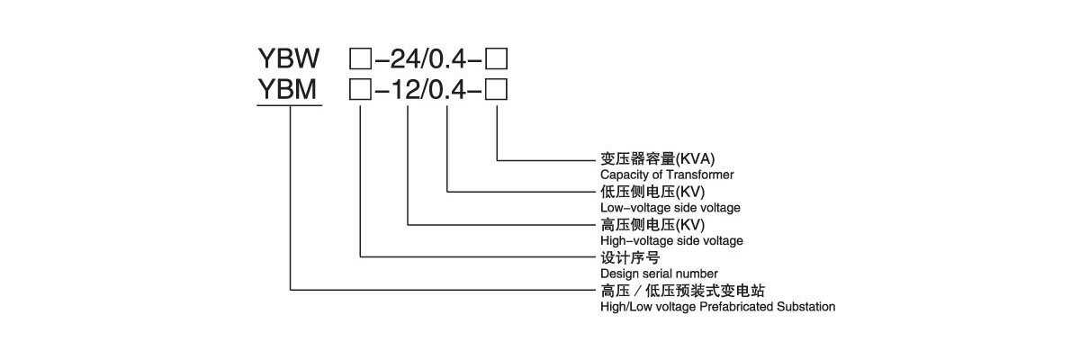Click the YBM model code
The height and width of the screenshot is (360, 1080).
[289, 89]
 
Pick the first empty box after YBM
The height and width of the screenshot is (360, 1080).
[359, 89]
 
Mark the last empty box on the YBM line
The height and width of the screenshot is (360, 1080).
[497, 89]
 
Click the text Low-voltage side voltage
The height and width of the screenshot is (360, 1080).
[670, 207]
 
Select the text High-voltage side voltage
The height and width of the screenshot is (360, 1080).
[671, 240]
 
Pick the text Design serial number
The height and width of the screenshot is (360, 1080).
[659, 273]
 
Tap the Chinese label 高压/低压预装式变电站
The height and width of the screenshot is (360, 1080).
[688, 291]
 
